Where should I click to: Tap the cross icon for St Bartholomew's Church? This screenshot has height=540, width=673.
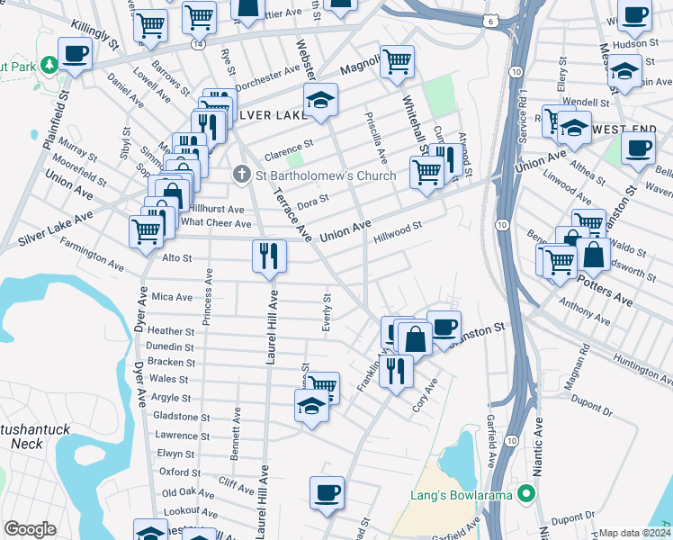click(241, 174)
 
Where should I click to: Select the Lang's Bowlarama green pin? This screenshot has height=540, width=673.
click(528, 493)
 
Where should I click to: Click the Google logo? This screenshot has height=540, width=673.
click(30, 529)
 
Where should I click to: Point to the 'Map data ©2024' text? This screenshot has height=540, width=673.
click(634, 533)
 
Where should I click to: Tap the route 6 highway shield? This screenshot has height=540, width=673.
click(489, 19)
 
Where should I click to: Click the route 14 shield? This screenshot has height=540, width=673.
click(197, 42)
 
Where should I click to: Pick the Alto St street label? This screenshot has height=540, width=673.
click(175, 258)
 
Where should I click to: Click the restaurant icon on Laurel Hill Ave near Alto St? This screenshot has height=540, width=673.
click(269, 256)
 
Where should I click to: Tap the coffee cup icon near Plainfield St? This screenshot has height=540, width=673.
click(76, 53)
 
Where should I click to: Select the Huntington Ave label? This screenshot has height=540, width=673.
click(642, 366)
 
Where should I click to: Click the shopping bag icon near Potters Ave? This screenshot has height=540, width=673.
click(594, 255)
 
